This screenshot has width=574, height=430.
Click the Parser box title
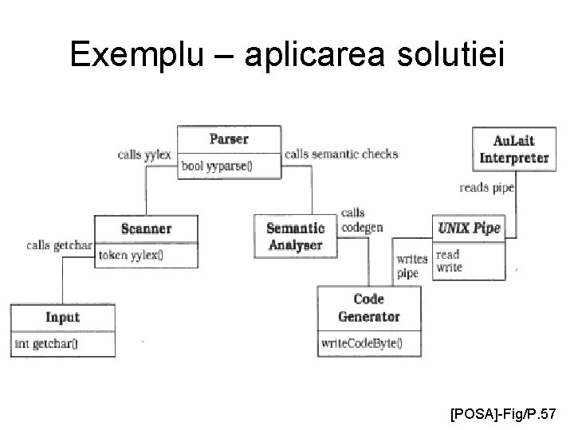pos(229,139)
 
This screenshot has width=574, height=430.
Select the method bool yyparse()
pos(217,166)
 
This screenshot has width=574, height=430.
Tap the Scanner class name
pos(146,229)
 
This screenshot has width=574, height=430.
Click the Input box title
pos(62,317)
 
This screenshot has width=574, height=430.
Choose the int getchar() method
pos(51,344)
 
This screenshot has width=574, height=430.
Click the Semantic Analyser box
pos(294,236)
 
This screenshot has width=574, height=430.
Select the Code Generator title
pos(368,307)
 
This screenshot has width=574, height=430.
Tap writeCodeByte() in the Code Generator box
pos(361,344)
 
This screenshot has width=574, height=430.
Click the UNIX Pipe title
pos(469,229)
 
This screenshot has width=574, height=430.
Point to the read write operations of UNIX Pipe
pos(450,261)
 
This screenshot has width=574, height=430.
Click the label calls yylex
pos(144,154)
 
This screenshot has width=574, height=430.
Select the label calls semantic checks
pos(340,154)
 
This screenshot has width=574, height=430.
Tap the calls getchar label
pos(59,244)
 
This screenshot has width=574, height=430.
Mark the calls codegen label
pos(361,220)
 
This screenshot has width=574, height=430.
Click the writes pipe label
pos(411,266)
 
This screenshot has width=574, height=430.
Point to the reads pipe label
pos(486,188)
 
